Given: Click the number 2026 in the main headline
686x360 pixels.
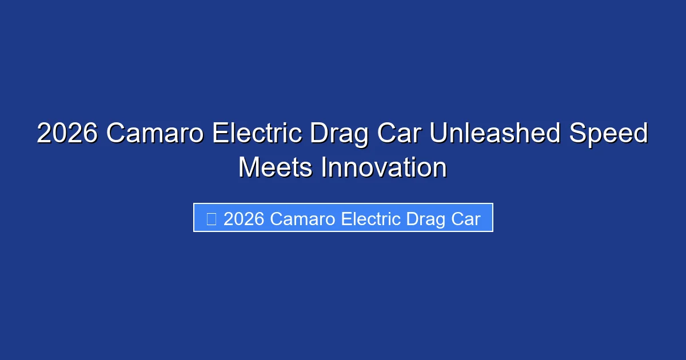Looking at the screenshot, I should [67, 134].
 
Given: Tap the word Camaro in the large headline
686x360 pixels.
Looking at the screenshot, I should [154, 134].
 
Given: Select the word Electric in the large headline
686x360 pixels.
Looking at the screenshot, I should [257, 134].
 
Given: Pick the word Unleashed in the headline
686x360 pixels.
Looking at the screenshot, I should [495, 134].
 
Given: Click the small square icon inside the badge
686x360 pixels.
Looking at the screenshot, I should [211, 218].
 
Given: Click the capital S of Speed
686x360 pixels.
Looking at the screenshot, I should [577, 134].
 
